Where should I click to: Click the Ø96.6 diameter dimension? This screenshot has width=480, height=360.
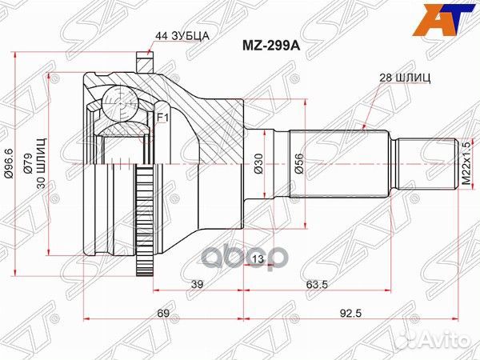pos(9,163)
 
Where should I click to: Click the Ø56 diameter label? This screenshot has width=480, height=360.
pos(298,163)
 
